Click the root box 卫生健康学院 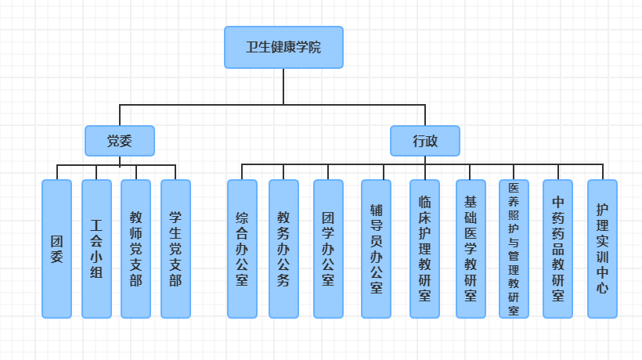point(283,47)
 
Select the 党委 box point(120,141)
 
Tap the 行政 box point(425,141)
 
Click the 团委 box point(56,249)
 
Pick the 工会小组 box point(96,249)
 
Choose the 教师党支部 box point(135,249)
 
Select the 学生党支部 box point(175,249)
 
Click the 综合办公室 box point(242,249)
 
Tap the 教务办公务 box point(283,249)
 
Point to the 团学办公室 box point(328,249)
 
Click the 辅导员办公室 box point(376,249)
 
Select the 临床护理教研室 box point(424,249)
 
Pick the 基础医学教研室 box point(471,249)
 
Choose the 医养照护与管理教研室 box point(514,249)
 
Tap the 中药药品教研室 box point(557,249)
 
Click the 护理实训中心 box point(602,249)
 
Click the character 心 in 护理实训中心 point(602,287)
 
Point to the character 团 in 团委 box point(56,240)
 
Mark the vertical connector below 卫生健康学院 point(283,86)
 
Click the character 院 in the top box point(314,47)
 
